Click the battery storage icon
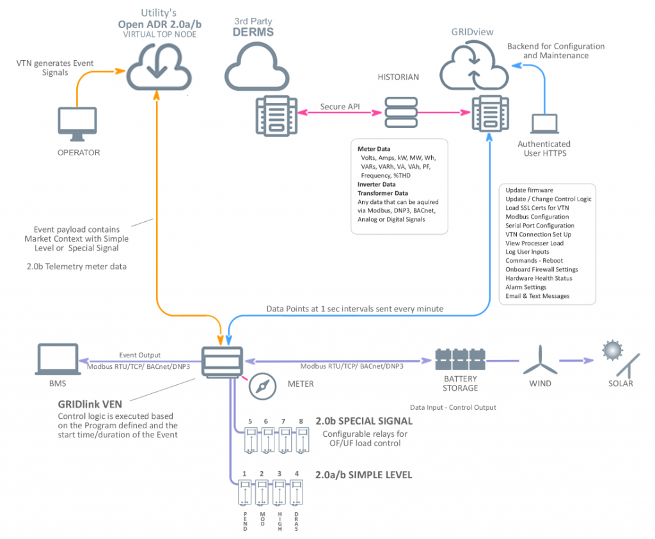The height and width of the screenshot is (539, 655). (460, 359)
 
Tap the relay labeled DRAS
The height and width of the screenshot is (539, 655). (296, 493)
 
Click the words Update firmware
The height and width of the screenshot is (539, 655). (529, 190)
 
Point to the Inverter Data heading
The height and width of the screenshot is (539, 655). (377, 184)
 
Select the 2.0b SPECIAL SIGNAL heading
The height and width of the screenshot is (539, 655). (364, 421)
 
